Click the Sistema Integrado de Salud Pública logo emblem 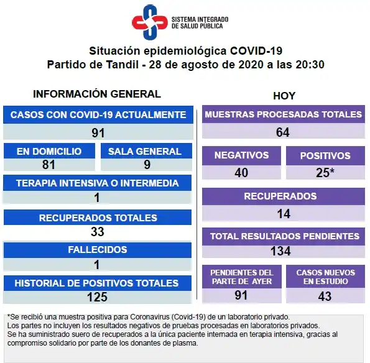[149, 22]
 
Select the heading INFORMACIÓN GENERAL [96, 94]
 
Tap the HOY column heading [284, 96]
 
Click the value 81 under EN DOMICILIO [49, 165]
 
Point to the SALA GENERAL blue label [144, 151]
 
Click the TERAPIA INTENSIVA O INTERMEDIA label [98, 183]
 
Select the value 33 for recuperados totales [98, 231]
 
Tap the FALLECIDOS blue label [98, 250]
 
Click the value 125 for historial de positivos [98, 296]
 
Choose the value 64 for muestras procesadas [283, 132]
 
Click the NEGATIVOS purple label [241, 155]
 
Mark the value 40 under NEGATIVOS [241, 172]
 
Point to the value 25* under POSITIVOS [325, 172]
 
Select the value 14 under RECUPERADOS [283, 213]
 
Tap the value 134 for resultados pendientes [283, 252]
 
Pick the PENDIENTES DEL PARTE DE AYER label [241, 277]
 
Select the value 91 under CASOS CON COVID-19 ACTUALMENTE [98, 132]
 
